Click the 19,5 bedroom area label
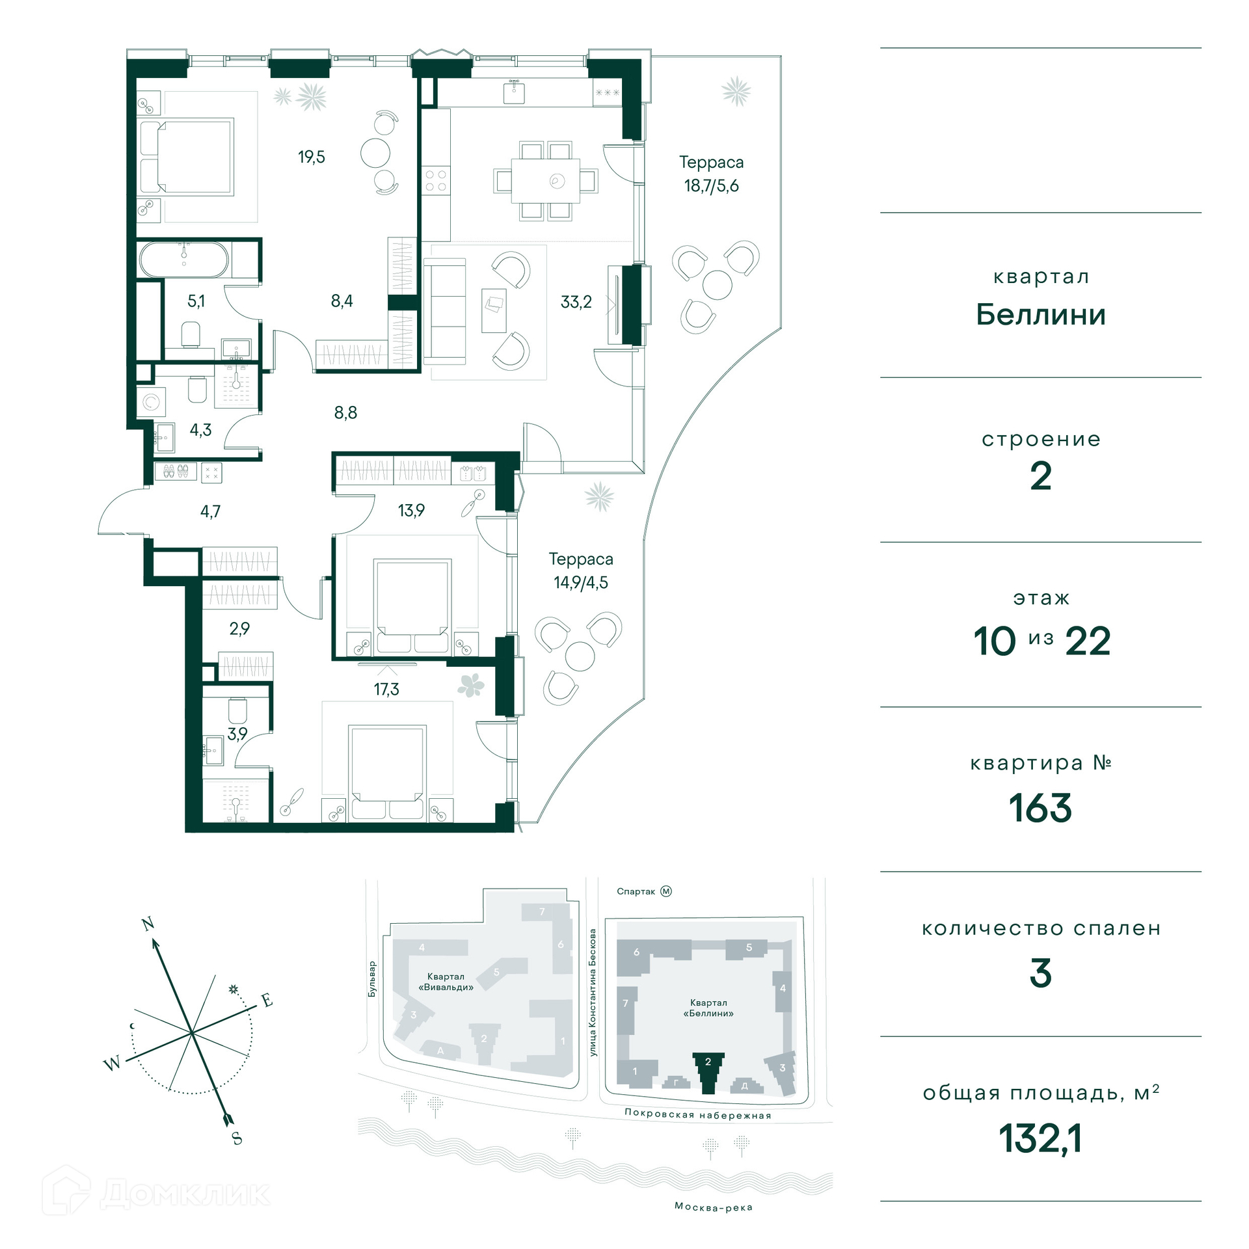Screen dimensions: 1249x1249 (312, 157)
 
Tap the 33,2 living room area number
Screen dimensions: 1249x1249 (576, 301)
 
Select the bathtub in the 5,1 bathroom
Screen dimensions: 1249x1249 (184, 260)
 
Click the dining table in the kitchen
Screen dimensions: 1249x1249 (545, 181)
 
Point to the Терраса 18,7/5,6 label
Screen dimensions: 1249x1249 (711, 174)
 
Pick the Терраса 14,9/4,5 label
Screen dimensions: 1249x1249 (581, 571)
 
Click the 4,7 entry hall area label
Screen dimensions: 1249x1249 (210, 511)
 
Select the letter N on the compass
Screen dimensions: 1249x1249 (148, 923)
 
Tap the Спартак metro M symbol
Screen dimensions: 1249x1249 (666, 891)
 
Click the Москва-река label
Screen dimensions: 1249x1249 (714, 1207)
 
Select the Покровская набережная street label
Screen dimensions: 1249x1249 (697, 1114)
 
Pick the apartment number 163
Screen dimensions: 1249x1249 (1040, 809)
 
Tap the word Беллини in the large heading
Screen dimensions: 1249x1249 (1041, 315)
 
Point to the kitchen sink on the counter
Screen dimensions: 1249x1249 (515, 92)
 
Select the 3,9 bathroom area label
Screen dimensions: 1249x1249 (237, 734)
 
